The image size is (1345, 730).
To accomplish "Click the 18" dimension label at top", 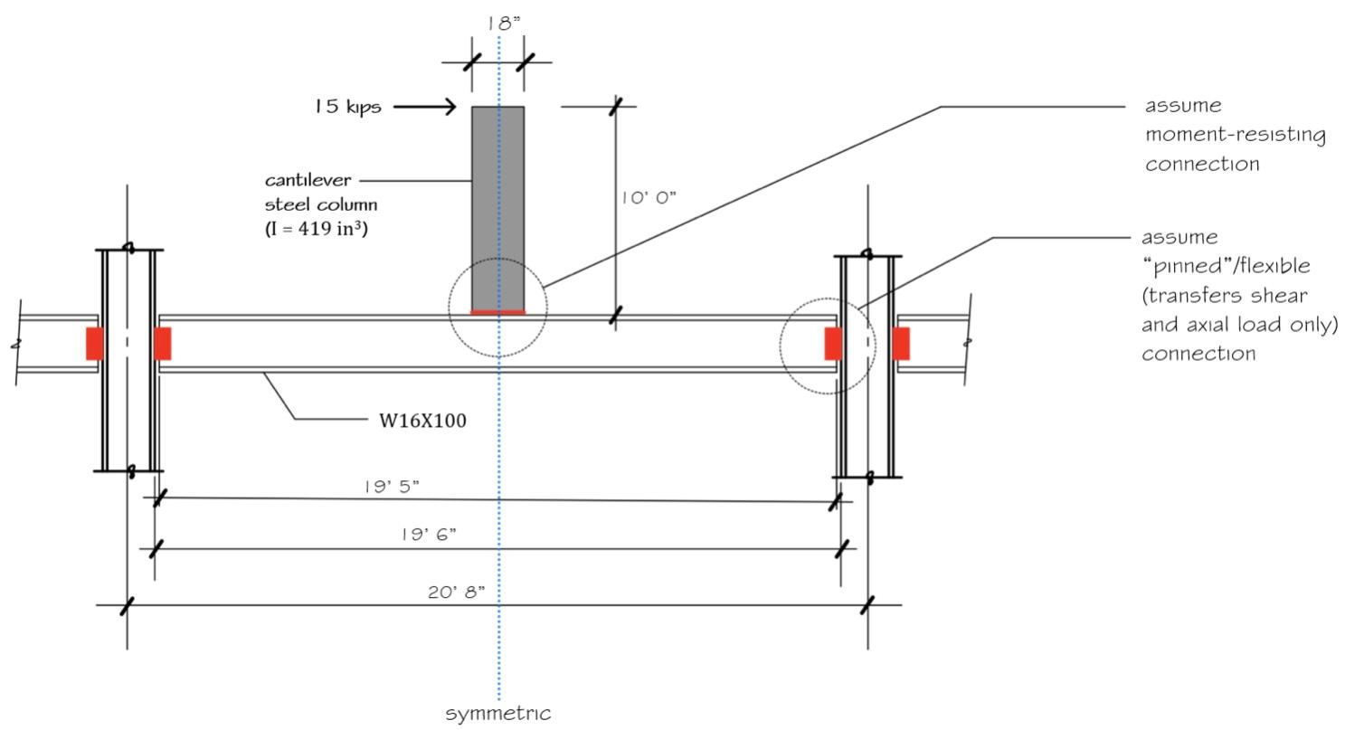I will point(504,24).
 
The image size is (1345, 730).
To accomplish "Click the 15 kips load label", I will point(347,107).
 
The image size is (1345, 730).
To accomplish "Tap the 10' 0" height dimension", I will point(649,198).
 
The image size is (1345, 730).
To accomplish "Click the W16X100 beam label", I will point(422,420).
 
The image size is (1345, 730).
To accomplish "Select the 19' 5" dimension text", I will point(392,487).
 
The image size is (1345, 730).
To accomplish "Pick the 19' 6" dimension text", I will point(429,535).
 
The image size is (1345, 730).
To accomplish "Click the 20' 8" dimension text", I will point(456,593).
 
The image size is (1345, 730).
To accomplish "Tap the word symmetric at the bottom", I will point(498,713).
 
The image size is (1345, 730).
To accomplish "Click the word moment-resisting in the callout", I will point(1235,135).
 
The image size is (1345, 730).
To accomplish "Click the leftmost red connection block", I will point(94,344).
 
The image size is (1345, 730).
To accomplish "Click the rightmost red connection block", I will point(901,344).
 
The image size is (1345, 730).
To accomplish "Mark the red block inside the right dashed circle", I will point(833,344).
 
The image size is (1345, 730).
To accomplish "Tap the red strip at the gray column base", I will point(497,312).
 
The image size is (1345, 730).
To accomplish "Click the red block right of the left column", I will point(163,344).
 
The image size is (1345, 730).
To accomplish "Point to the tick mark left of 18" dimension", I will point(471,62).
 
